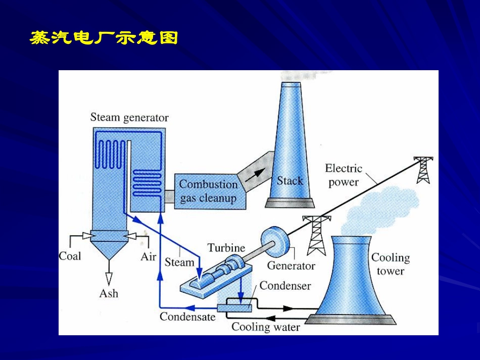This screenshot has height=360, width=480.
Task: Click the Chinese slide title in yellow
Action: click(104, 38)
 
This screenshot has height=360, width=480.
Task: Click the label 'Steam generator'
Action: click(129, 117)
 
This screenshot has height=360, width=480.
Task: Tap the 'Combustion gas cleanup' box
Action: click(208, 191)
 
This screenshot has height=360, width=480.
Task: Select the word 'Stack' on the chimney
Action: click(290, 181)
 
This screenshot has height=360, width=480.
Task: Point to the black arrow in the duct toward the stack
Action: click(258, 173)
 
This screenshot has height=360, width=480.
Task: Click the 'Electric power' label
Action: click(344, 175)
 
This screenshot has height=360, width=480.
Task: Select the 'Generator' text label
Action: click(291, 266)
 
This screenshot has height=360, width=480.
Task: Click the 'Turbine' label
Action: click(226, 248)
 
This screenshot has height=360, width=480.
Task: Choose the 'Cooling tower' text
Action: click(391, 264)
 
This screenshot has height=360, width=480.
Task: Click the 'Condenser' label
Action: click(285, 286)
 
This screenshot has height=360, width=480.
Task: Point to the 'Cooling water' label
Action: click(266, 327)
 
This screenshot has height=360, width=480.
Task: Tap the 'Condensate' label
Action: click(187, 317)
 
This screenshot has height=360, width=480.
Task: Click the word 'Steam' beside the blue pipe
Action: click(179, 262)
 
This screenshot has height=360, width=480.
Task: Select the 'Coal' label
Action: click(70, 256)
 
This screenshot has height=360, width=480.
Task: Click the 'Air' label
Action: click(148, 256)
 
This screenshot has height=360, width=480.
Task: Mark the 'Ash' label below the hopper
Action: click(109, 293)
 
